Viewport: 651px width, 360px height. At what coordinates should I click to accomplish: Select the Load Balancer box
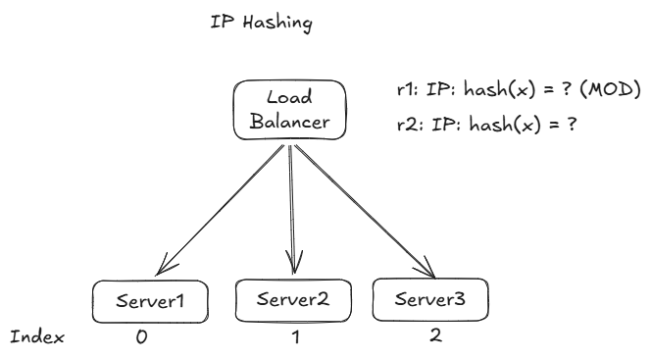click(x=290, y=112)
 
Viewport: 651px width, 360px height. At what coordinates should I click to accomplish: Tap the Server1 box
click(x=152, y=302)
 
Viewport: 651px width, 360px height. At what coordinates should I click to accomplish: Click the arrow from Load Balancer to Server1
click(x=221, y=206)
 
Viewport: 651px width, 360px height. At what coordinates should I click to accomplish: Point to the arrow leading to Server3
click(x=363, y=206)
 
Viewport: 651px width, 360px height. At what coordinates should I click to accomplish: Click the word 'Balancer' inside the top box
click(x=290, y=124)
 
